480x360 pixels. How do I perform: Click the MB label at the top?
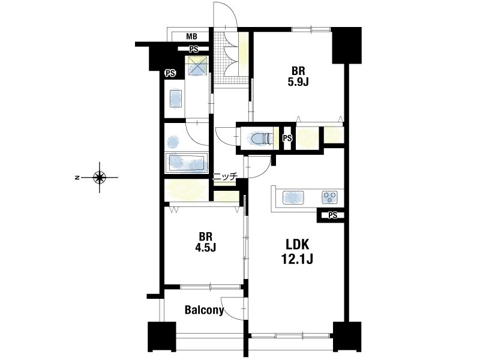coord(191,37)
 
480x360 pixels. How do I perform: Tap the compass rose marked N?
coord(100,177)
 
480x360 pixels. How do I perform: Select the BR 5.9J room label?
coord(298,77)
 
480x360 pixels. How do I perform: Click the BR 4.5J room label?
coord(206,242)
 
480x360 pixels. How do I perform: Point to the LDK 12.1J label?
coord(297,252)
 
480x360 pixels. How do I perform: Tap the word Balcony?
coord(204,310)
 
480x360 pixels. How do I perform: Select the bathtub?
coord(187,162)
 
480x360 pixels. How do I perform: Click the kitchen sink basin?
coord(293,197)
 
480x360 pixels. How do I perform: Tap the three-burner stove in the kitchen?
coord(329,197)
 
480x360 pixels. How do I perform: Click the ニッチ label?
coord(225,176)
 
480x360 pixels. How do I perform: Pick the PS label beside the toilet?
coord(287,139)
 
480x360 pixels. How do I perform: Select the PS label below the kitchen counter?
coord(333,215)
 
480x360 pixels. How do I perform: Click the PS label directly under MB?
coord(193,49)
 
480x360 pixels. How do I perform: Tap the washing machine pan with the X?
coord(197,66)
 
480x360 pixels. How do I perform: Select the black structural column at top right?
coord(347,46)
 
